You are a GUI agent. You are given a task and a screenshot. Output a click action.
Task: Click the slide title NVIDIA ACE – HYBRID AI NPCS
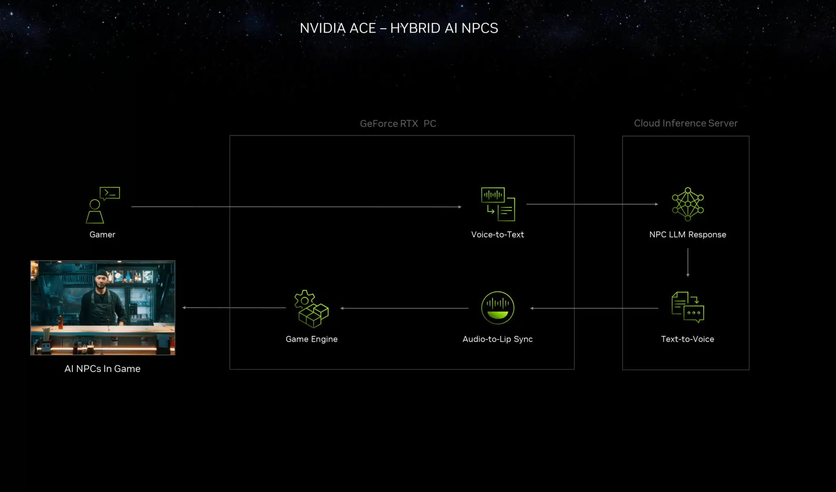pos(399,28)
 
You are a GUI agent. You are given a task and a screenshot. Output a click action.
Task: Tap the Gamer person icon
pos(95,211)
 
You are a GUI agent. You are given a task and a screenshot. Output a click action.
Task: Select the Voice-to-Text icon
pos(498,204)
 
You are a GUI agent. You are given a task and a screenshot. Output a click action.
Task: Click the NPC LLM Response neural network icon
pos(688,204)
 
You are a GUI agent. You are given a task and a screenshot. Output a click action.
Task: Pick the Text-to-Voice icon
pos(688,307)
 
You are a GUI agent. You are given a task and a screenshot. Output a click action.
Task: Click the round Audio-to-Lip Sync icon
pos(498,308)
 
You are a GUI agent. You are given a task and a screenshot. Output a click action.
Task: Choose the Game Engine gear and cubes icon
pos(311,309)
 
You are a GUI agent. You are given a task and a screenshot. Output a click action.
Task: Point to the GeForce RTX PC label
pos(398,123)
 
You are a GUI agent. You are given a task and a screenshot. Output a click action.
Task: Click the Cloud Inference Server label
pos(686,123)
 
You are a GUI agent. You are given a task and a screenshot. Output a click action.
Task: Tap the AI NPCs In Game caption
pos(102,369)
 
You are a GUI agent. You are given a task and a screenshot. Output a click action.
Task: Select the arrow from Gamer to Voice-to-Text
pos(296,207)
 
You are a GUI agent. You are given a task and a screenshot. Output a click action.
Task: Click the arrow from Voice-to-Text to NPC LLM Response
pos(592,204)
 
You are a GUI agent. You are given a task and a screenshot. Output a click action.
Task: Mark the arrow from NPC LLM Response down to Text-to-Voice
pos(688,263)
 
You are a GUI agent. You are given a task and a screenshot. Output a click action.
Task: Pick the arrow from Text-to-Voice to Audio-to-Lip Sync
pos(594,308)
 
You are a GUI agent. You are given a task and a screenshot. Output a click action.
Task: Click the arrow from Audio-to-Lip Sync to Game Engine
pos(404,308)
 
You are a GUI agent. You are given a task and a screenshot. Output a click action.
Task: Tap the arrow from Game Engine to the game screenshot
pos(234,307)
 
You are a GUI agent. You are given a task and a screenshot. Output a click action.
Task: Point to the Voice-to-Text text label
pos(498,234)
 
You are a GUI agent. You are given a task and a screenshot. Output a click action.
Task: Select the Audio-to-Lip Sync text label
pos(498,339)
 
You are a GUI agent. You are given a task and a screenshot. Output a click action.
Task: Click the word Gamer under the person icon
pos(102,234)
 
